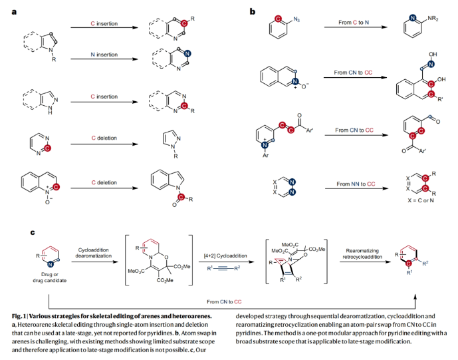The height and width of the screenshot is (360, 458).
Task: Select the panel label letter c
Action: coord(33,232)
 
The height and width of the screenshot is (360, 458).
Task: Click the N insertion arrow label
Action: coord(104,53)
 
